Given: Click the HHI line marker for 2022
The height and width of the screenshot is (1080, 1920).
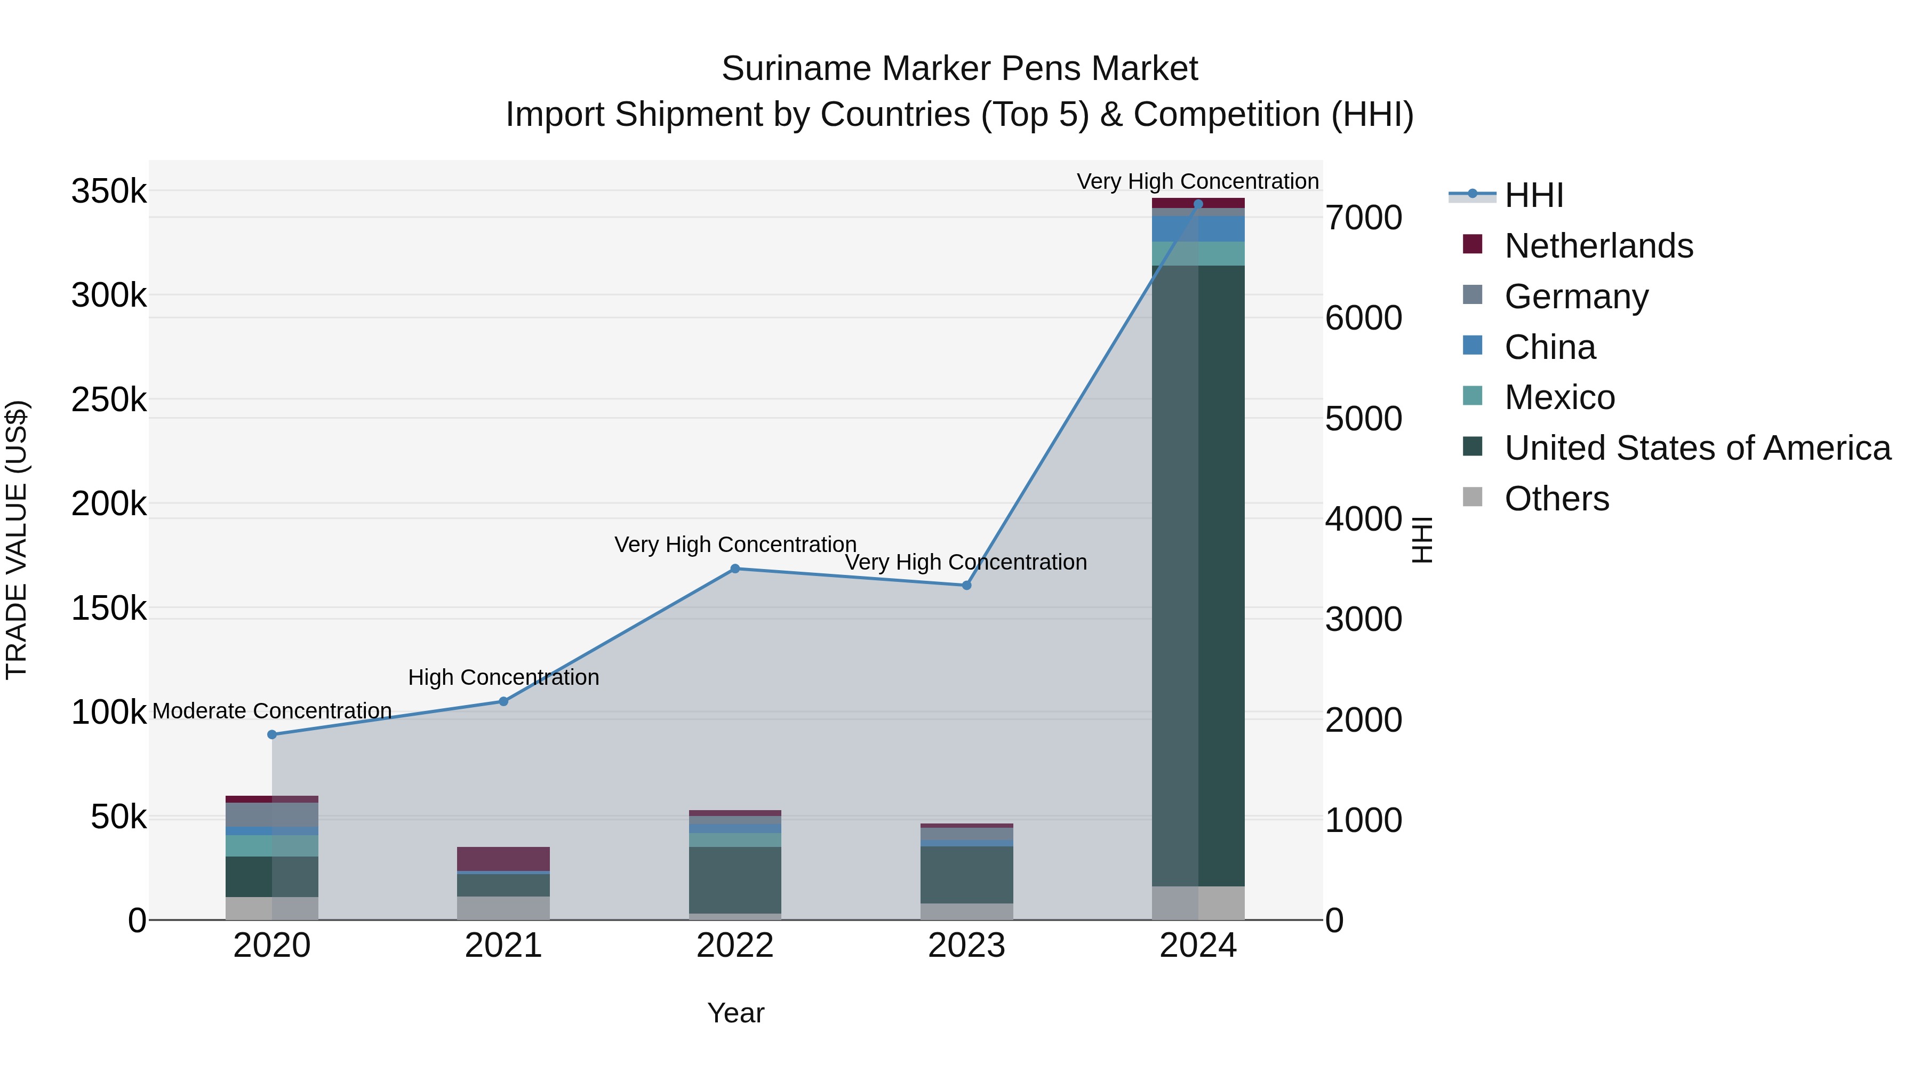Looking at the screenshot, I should [x=735, y=569].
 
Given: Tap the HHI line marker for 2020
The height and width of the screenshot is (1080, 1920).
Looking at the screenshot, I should [x=272, y=735].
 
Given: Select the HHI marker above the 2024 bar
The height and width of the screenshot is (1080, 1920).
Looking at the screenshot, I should [x=1198, y=204].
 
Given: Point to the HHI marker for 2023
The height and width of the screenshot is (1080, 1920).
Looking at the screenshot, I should [x=967, y=586].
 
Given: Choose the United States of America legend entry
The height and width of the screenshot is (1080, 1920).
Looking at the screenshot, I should [x=1697, y=448].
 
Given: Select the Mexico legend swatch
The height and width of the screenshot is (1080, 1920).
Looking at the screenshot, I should [x=1472, y=396].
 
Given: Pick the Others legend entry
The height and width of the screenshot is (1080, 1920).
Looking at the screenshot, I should [x=1556, y=499].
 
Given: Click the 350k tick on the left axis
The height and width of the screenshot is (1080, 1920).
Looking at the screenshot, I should [x=109, y=191].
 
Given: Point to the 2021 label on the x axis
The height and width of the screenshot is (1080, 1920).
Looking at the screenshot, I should [x=503, y=946].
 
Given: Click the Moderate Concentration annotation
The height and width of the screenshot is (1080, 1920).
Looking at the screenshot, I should [x=272, y=711].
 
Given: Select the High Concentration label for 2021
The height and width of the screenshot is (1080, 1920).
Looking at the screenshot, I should [x=503, y=677].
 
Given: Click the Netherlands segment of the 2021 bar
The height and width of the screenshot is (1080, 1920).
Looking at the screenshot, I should [x=503, y=858].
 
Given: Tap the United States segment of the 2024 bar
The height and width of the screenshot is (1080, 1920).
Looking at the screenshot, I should [x=1198, y=574].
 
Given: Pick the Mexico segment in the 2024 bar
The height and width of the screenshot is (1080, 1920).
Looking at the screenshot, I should [x=1198, y=253].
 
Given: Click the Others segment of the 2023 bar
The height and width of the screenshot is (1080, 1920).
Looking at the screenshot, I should [x=967, y=911].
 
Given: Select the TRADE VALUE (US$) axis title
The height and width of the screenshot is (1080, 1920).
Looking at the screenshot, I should [x=17, y=540].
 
